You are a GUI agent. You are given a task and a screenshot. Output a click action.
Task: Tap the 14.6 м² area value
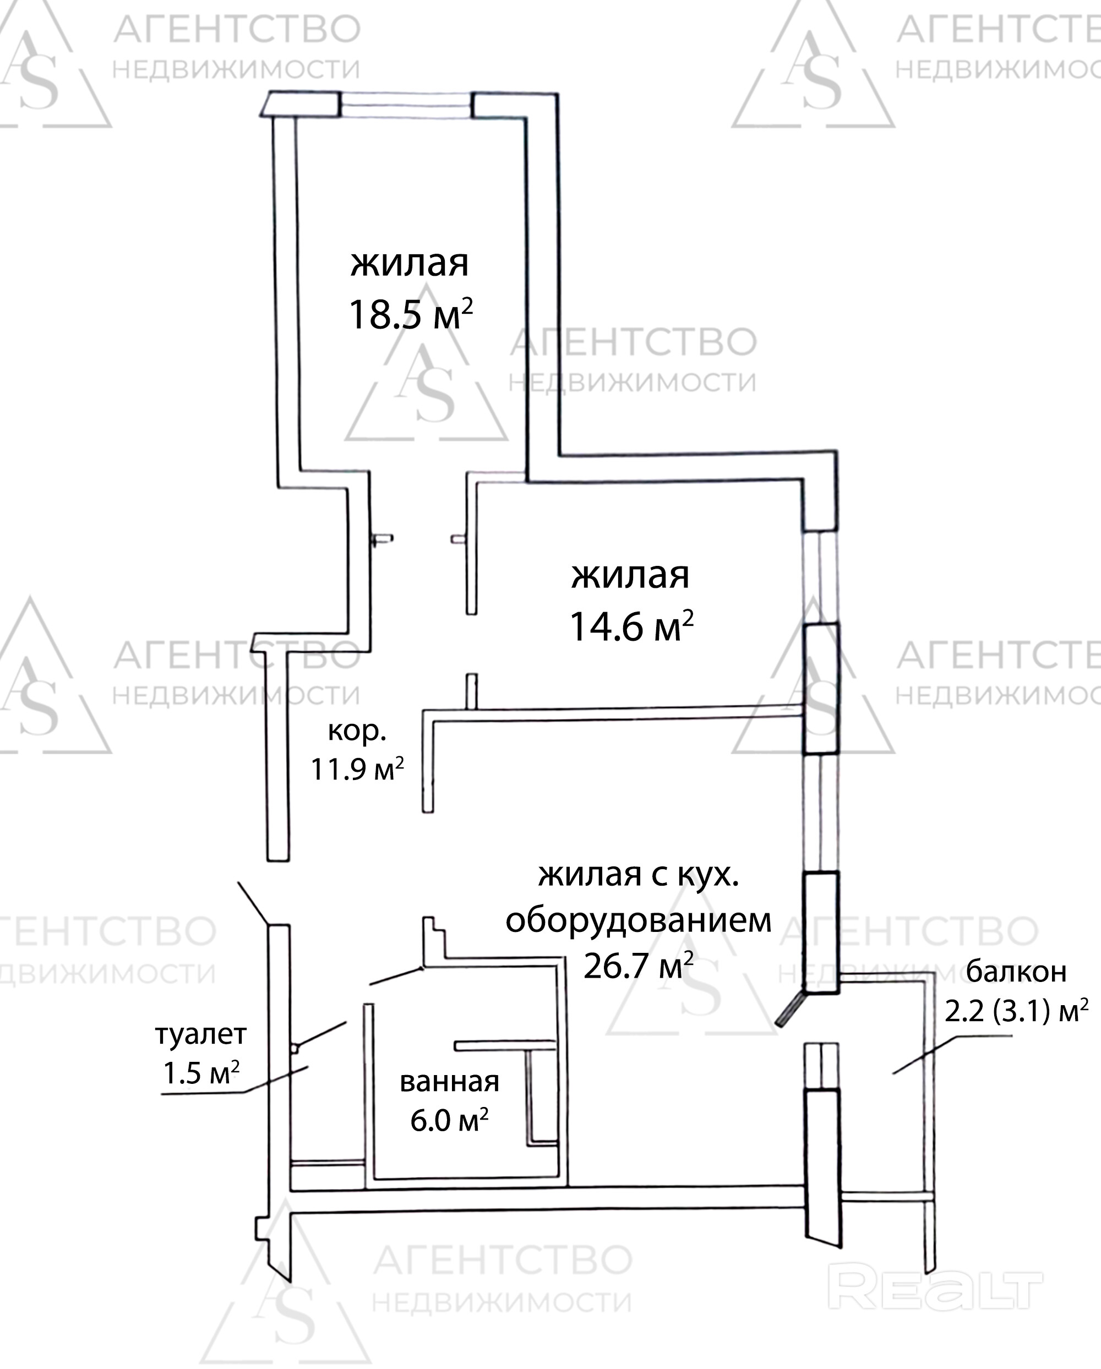[631, 627]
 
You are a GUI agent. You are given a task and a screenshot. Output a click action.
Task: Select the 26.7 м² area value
[637, 967]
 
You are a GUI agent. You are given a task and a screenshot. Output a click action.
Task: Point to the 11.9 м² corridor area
[357, 770]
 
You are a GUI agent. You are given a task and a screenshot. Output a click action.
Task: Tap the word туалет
[200, 1035]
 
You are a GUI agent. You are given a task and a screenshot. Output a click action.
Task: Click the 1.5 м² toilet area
[200, 1073]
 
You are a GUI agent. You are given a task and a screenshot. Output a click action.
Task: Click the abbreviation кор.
[357, 732]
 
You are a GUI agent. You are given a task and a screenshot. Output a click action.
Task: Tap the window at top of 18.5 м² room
[406, 105]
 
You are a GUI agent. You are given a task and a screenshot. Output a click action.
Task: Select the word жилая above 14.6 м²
[630, 575]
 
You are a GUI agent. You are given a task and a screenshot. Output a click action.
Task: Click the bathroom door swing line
[396, 976]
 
